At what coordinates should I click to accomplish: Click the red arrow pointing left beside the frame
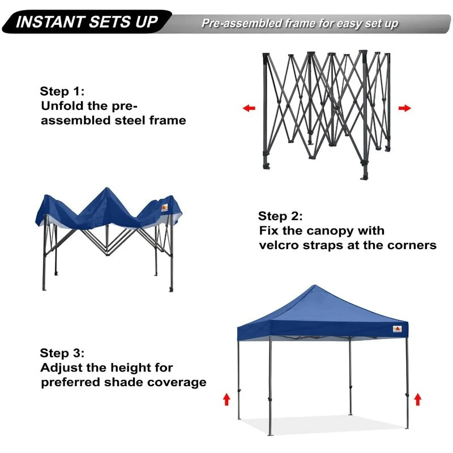pyautogui.click(x=249, y=108)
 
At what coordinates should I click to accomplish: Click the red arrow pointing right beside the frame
pyautogui.click(x=404, y=108)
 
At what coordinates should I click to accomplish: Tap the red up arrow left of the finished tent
pyautogui.click(x=226, y=400)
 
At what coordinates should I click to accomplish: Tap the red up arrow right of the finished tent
pyautogui.click(x=417, y=400)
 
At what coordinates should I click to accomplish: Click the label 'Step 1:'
pyautogui.click(x=62, y=91)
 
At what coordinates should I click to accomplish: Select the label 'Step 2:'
pyautogui.click(x=280, y=216)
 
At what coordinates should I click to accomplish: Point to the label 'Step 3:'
pyautogui.click(x=62, y=353)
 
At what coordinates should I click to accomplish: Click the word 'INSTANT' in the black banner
pyautogui.click(x=49, y=22)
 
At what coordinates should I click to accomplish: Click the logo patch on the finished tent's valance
pyautogui.click(x=398, y=329)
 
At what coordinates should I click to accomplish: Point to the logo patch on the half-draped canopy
pyautogui.click(x=165, y=207)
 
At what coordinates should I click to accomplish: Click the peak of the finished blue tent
pyautogui.click(x=315, y=285)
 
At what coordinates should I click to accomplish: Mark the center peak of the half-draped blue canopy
pyautogui.click(x=107, y=188)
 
